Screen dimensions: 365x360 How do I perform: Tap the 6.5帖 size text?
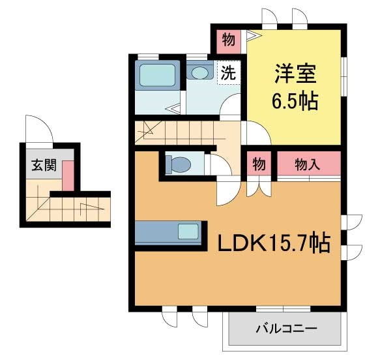tap(295, 101)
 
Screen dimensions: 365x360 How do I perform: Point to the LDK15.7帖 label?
tap(274, 242)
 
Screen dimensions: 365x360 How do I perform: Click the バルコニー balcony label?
tap(287, 329)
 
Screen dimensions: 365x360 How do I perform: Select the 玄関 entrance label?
tap(44, 165)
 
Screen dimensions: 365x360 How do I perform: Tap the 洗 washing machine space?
tap(228, 73)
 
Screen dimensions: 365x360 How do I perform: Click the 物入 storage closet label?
tap(307, 164)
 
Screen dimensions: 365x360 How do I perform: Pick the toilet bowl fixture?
tap(179, 164)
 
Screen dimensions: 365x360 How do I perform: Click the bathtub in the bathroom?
tap(158, 75)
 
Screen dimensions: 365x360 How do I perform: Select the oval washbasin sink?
tap(199, 72)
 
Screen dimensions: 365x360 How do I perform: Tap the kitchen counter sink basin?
tap(188, 232)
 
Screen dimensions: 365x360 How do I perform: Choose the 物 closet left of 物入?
tap(259, 164)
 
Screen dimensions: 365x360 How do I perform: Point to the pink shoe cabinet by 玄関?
tap(68, 175)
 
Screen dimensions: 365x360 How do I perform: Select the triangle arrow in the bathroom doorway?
tap(173, 108)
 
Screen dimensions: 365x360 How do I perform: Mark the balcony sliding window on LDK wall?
tap(284, 309)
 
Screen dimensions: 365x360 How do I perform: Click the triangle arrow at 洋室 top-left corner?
tap(254, 36)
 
